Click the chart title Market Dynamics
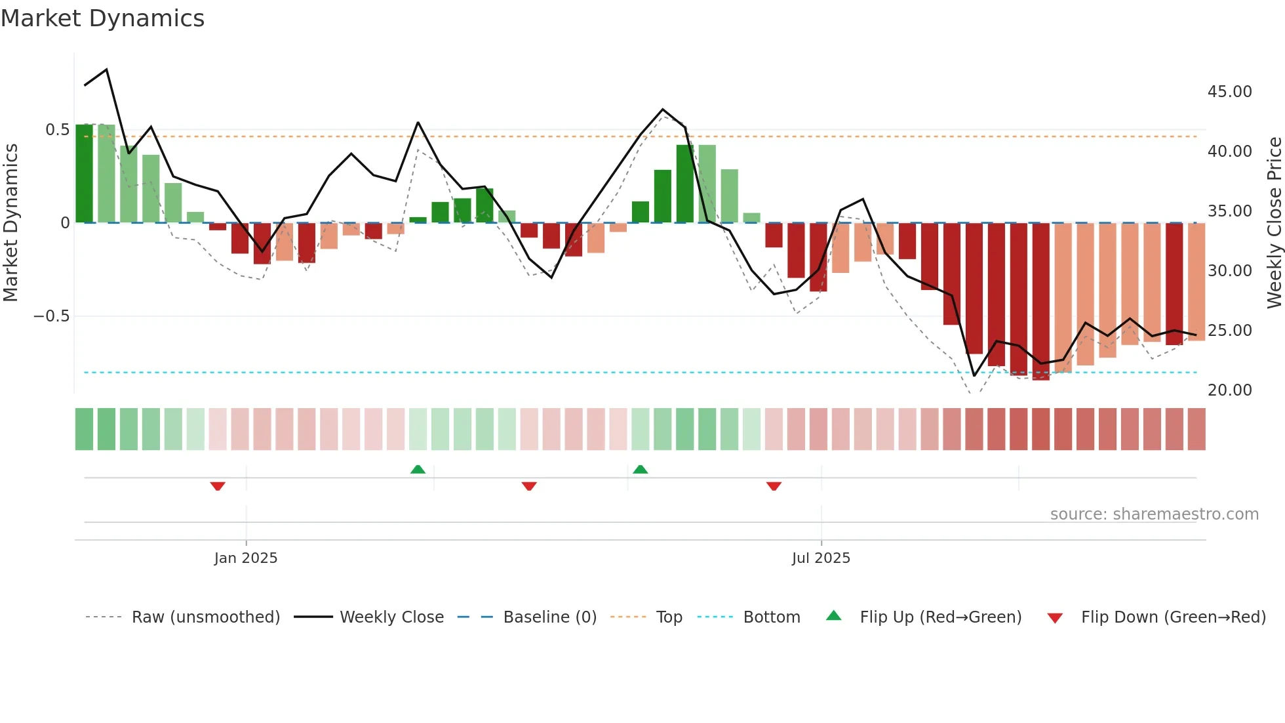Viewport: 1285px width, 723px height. point(102,18)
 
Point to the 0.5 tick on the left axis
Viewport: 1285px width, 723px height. point(57,130)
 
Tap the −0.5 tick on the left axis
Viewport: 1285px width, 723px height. point(51,316)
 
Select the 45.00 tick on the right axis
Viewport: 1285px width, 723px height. point(1229,92)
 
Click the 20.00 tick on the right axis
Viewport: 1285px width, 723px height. point(1229,390)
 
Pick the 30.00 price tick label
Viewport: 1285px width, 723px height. point(1229,271)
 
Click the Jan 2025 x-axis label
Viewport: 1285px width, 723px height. point(246,558)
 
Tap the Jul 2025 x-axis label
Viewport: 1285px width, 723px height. point(821,558)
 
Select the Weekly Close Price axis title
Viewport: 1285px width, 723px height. point(1274,223)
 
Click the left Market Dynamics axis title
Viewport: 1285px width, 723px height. point(10,223)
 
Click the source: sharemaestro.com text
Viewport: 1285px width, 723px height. point(1154,514)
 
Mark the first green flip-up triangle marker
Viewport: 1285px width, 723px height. point(418,469)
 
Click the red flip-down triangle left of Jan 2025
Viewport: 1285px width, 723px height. point(218,486)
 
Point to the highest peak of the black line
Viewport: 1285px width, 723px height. point(107,70)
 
